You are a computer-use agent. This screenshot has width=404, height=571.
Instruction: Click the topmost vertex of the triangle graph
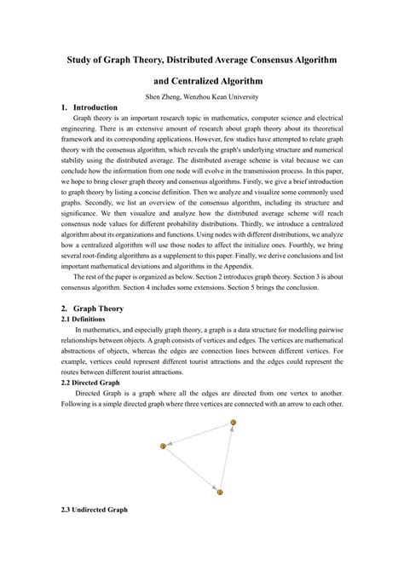click(233, 423)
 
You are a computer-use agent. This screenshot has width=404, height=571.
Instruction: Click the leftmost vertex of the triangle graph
click(163, 447)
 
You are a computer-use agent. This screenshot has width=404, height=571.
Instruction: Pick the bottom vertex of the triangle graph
click(219, 492)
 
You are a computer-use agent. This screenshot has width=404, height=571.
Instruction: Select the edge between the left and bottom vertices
click(191, 470)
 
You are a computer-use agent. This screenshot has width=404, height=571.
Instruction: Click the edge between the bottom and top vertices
click(226, 458)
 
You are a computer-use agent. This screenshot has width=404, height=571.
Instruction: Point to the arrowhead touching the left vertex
click(170, 444)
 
